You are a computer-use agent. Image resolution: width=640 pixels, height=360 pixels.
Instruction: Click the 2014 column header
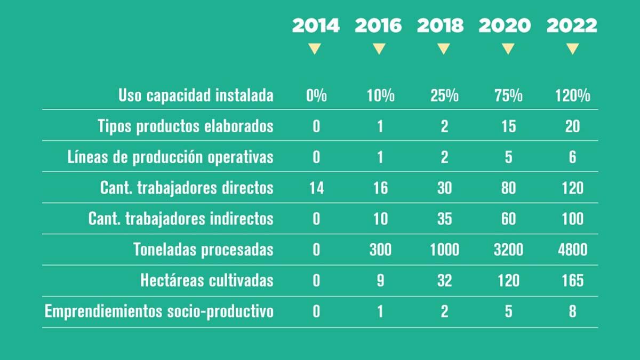tap(316, 26)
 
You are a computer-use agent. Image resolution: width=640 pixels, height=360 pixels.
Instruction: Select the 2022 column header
tap(572, 26)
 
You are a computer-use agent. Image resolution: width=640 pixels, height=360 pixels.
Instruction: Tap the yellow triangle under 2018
tap(444, 49)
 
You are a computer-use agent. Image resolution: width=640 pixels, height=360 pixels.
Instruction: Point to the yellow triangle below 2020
tap(508, 49)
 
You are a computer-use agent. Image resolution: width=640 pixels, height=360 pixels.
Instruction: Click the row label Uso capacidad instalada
tap(196, 96)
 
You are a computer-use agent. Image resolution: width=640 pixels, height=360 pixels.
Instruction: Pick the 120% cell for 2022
tap(572, 96)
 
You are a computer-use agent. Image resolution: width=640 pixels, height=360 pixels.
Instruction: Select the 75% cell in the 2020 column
tap(508, 96)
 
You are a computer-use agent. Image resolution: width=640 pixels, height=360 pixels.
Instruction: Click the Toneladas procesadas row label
tap(203, 250)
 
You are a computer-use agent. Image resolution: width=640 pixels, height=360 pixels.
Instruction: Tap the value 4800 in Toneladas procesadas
tap(572, 250)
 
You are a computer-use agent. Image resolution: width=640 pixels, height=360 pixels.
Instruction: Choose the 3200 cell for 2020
tap(508, 250)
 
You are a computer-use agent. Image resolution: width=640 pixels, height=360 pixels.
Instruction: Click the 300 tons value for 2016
tap(380, 250)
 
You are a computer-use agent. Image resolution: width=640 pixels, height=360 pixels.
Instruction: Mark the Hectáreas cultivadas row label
tap(207, 281)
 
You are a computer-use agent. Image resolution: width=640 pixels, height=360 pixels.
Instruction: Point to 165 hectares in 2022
tap(572, 281)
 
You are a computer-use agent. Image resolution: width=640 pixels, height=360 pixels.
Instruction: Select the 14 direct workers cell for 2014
tap(316, 188)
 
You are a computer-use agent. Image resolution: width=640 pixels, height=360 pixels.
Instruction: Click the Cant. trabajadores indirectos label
tap(181, 219)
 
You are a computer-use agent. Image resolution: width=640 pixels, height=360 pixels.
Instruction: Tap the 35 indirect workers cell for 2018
tap(444, 219)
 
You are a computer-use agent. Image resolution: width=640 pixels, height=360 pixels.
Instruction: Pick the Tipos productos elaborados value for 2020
tap(508, 126)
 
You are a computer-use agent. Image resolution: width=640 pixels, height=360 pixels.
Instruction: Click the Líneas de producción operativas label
tap(171, 157)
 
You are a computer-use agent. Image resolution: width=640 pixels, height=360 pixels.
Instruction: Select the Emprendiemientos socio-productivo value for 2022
tap(572, 311)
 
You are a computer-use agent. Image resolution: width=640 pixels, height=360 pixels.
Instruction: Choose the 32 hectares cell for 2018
tap(444, 281)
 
